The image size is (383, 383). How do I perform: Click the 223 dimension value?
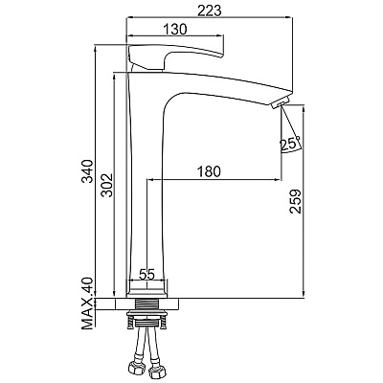210,11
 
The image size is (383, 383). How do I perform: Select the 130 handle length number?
174,29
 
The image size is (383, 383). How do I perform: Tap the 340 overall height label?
87,171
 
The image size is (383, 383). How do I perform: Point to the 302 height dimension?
106,185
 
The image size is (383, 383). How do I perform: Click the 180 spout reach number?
209,171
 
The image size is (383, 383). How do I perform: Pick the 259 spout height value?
295,201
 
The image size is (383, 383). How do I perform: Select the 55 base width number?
146,274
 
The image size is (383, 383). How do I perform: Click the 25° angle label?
290,144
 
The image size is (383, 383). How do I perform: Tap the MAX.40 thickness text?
87,304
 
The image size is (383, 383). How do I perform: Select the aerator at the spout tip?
280,102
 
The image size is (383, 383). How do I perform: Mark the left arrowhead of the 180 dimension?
149,180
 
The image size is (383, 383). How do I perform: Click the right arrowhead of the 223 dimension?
290,18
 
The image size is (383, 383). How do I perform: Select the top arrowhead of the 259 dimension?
304,107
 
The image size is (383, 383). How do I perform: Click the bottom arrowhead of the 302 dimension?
114,294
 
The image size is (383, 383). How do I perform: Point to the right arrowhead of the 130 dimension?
220,35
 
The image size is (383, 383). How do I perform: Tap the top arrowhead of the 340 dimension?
96,48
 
